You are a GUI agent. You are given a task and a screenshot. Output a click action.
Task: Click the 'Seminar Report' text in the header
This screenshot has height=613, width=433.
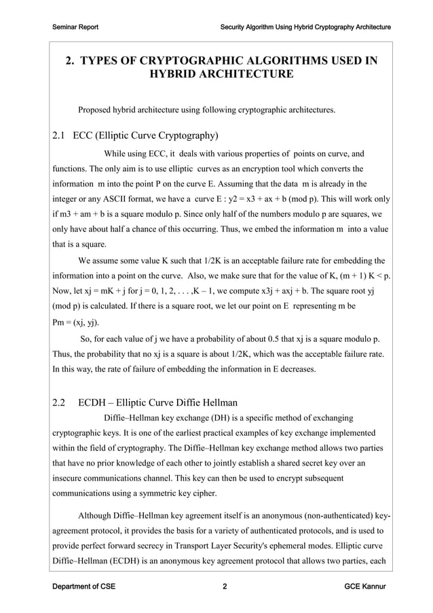(x=75, y=27)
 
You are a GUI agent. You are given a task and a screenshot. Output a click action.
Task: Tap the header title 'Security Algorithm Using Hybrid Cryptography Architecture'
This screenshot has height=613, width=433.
(x=305, y=27)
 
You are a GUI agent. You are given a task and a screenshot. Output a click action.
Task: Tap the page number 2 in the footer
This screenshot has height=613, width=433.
(x=225, y=586)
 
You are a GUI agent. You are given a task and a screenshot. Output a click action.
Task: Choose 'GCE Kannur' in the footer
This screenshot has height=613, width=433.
(x=365, y=586)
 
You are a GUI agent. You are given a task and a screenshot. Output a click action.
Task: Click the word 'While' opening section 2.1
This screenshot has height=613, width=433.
(x=116, y=153)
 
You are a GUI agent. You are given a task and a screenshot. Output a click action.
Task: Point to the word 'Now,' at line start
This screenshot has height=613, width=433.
(x=62, y=291)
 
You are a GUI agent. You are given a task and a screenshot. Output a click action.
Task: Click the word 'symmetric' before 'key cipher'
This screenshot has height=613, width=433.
(x=162, y=493)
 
